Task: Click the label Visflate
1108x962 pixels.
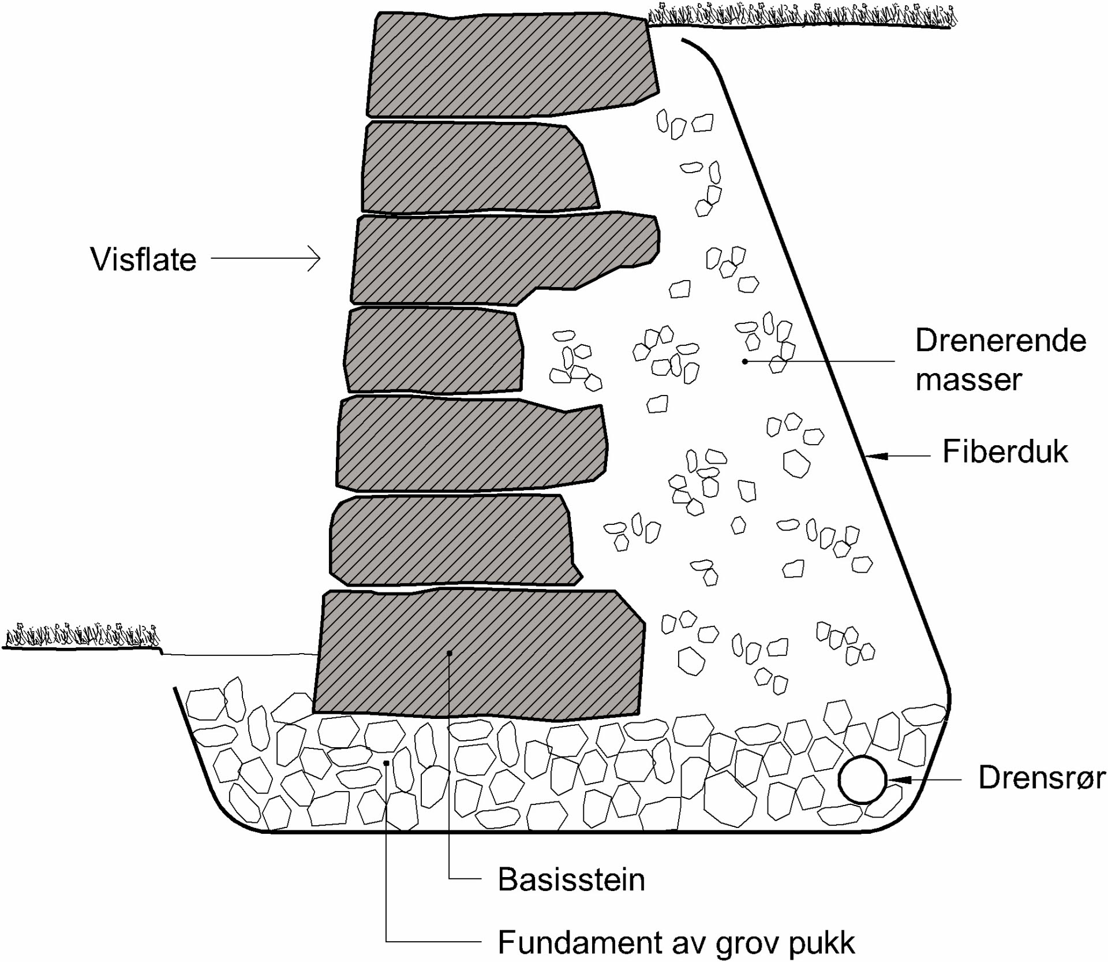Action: pos(143,259)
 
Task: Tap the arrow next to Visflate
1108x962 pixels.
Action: pos(266,259)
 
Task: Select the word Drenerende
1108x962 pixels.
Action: pos(1001,341)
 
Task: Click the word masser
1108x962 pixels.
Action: pos(969,379)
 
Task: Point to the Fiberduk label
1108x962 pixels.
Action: pos(1005,452)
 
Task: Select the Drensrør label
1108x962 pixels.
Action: pos(1042,778)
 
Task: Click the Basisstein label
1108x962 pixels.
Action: pos(571,880)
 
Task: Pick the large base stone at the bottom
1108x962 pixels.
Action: pos(479,655)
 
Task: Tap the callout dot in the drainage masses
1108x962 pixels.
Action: pos(745,361)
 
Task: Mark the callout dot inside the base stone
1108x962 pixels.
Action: pos(450,653)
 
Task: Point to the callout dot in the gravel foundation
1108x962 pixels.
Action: pos(386,763)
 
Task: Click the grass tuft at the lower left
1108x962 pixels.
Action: pos(81,637)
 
